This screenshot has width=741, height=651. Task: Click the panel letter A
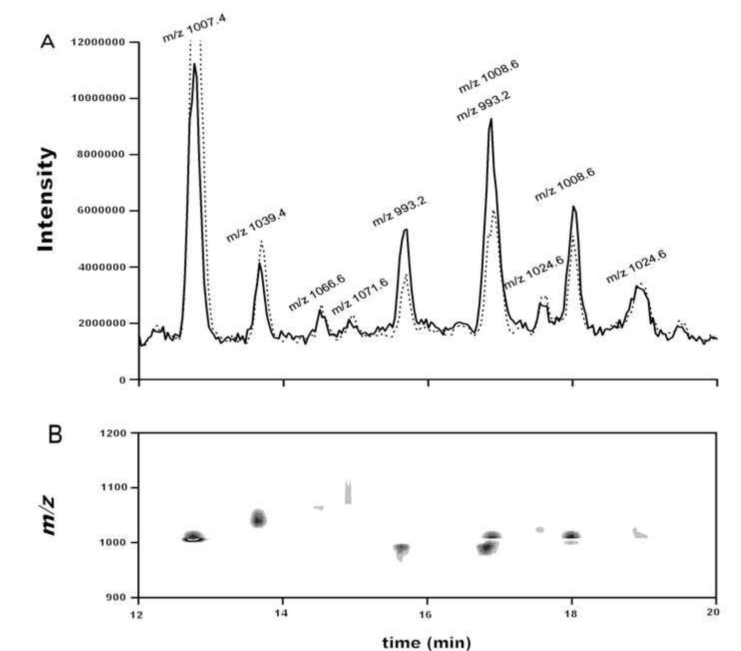(x=47, y=41)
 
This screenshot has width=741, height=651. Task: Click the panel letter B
(x=54, y=434)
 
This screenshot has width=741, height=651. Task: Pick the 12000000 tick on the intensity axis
(x=98, y=42)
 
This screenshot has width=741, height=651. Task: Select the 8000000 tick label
(x=101, y=155)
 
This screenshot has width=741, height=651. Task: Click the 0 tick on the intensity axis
(x=123, y=380)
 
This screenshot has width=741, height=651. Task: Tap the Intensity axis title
(x=46, y=200)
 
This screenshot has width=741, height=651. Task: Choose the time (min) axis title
(x=426, y=643)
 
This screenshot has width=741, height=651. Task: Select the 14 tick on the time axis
(x=283, y=614)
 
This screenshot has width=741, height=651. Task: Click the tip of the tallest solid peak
(x=194, y=64)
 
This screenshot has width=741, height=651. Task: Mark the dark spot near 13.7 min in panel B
(x=258, y=519)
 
